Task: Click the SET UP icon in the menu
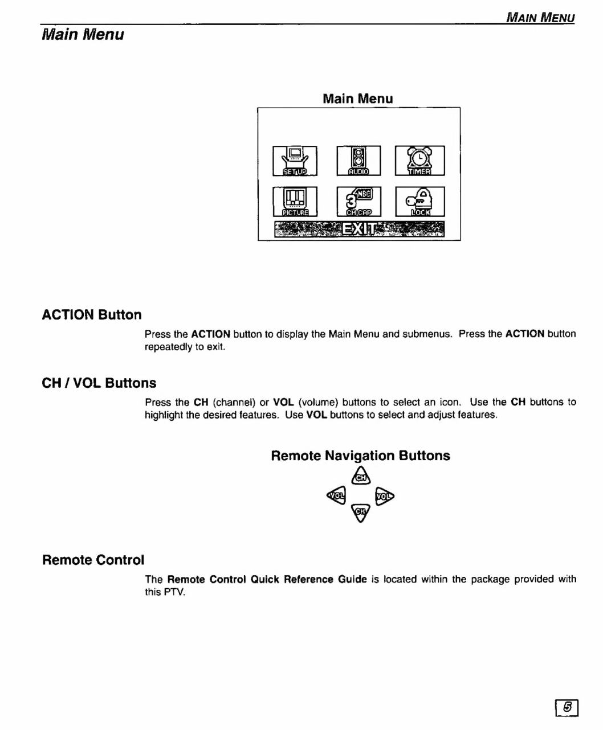(295, 161)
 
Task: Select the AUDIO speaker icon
(358, 161)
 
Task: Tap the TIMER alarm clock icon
(419, 161)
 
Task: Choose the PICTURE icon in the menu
(295, 202)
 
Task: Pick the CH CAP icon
(358, 202)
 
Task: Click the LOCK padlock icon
(419, 202)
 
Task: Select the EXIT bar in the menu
(358, 229)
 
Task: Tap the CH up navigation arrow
(361, 476)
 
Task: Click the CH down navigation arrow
(361, 512)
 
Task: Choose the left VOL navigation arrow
(337, 495)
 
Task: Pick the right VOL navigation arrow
(385, 495)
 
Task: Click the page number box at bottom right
(567, 707)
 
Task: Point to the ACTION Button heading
(92, 315)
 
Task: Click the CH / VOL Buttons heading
(99, 383)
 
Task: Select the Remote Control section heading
(93, 560)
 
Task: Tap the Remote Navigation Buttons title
(360, 456)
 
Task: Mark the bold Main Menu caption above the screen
(357, 99)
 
